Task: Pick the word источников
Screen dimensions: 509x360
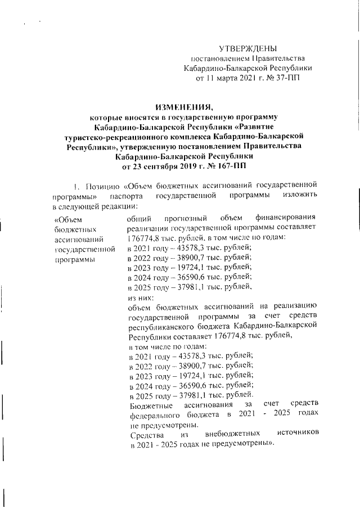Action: pos(298,435)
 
